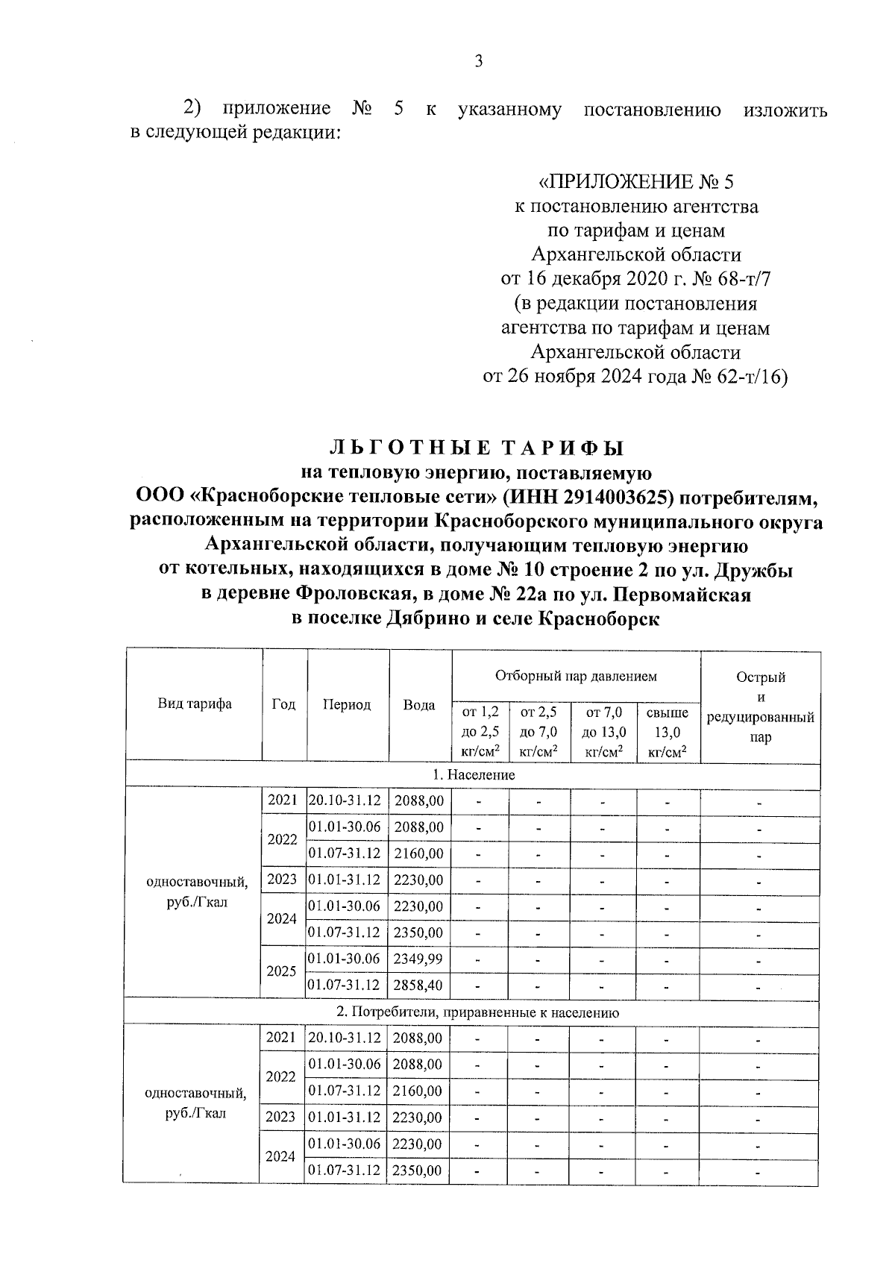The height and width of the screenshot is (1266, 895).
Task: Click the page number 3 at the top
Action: pos(479,62)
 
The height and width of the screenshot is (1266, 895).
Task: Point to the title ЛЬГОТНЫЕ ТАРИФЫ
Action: pos(476,448)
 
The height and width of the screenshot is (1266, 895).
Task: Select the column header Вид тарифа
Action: pos(194,704)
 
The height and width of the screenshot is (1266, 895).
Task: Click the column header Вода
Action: pos(419,705)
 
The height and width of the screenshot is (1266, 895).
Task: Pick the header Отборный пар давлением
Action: pos(576,677)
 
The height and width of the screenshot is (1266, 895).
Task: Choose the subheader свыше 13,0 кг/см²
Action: pos(668,733)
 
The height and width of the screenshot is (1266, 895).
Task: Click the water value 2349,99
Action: pos(419,959)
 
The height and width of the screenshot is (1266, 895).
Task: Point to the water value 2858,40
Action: pos(419,985)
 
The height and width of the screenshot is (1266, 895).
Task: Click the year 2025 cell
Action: pos(283,971)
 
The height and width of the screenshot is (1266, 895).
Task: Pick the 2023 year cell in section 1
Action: pos(283,880)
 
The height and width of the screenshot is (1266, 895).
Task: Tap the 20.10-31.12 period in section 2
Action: pos(345,1038)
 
